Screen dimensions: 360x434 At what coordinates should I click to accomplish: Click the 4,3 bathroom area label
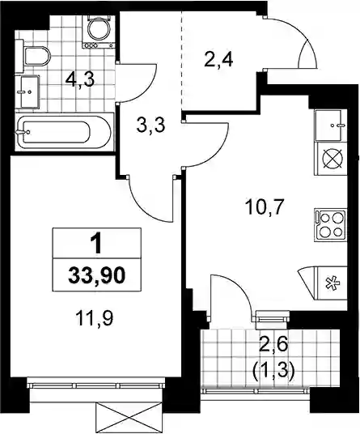tap(80, 80)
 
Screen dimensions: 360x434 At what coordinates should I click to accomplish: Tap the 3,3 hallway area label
tap(150, 126)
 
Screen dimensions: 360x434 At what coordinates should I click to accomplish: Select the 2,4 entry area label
tap(218, 59)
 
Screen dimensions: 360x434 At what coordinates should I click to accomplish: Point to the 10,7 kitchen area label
tap(265, 207)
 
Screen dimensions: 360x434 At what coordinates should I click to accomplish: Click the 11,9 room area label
tap(95, 318)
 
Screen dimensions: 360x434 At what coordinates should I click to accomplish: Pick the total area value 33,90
tap(97, 275)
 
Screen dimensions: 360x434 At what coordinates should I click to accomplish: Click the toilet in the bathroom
tap(36, 56)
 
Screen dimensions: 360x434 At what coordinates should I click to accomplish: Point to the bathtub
tap(64, 132)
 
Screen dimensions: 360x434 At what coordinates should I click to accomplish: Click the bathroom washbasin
tap(29, 91)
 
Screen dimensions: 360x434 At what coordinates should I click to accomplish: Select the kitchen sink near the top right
tap(331, 126)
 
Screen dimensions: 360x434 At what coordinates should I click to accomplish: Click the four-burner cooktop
tap(331, 223)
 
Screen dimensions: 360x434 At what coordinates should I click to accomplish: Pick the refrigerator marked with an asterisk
tap(331, 283)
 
